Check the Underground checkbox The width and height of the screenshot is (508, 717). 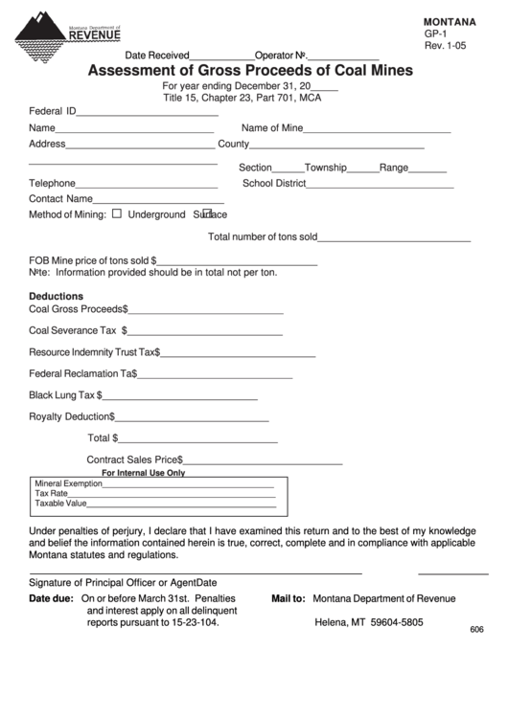[117, 214]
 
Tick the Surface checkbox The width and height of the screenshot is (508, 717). [206, 213]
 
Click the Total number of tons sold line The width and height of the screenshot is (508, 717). [394, 239]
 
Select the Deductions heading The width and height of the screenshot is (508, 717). [57, 296]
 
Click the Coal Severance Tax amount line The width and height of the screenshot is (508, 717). [205, 333]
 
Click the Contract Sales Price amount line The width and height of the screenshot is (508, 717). [263, 462]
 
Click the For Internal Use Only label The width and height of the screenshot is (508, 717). [144, 473]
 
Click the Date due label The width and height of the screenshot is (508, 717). [51, 598]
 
